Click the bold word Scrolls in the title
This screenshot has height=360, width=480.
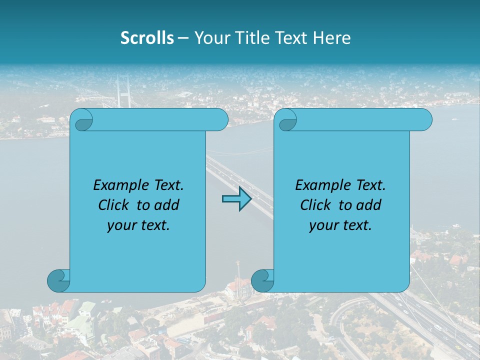point(147,38)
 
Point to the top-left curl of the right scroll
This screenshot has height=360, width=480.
point(287,120)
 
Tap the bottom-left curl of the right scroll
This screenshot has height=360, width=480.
point(262,280)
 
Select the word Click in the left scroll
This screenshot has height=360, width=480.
point(115,205)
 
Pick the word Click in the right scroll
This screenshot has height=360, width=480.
point(317,205)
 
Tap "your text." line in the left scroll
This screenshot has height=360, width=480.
point(138,225)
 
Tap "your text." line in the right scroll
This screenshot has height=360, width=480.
point(340,225)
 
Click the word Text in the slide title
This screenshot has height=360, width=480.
point(291,38)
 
